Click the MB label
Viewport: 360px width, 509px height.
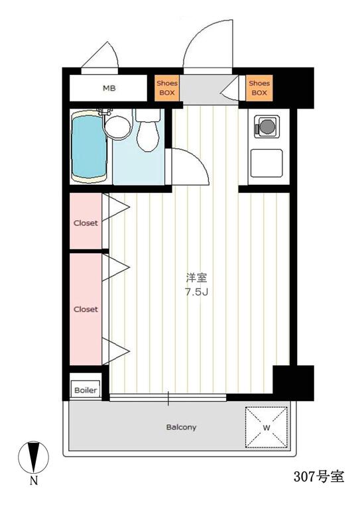coord(109,88)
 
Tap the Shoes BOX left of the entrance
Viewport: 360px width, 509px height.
coord(167,88)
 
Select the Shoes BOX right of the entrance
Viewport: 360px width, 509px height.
coord(259,88)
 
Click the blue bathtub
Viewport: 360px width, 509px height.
coord(89,146)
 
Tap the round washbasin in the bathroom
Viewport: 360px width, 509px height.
coord(117,127)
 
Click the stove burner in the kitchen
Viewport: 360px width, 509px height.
coord(267,127)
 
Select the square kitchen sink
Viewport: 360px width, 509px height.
coord(267,163)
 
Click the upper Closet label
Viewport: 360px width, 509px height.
coord(86,223)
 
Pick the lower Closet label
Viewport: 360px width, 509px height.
coord(86,310)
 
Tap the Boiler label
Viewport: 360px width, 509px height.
coord(86,390)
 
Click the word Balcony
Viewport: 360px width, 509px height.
coord(181,427)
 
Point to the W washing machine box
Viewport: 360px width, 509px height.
coord(266,427)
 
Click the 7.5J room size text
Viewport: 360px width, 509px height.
coord(196,292)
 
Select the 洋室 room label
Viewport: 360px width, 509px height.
coord(196,278)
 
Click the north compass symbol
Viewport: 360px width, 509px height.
coord(33,457)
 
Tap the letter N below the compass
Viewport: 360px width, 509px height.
coord(34,481)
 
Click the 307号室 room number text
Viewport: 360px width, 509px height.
coord(319,477)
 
